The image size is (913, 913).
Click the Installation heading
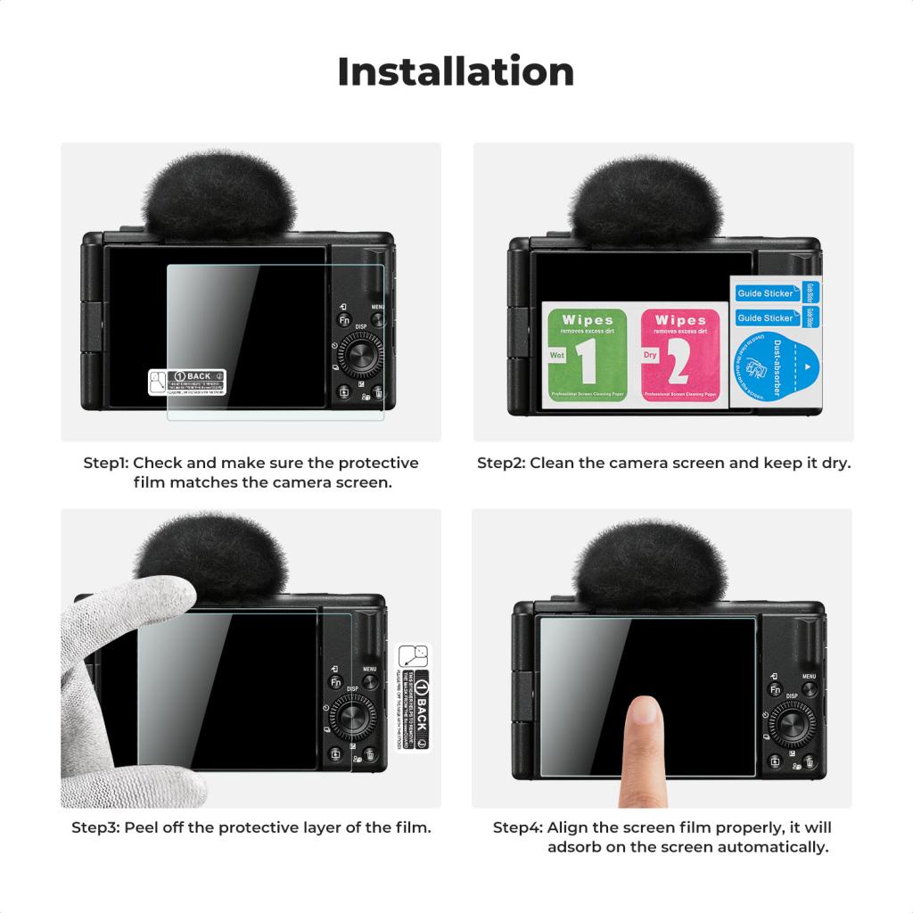(x=456, y=71)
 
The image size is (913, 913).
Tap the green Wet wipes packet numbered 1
(x=587, y=355)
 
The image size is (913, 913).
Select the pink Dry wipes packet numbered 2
(x=680, y=355)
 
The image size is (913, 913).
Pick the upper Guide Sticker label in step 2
(x=766, y=293)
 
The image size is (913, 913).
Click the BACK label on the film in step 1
(x=186, y=382)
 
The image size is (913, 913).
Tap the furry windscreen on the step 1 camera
(x=219, y=198)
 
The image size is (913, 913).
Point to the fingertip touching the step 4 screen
(x=644, y=718)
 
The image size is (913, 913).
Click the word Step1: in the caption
(x=105, y=464)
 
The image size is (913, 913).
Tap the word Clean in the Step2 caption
(x=555, y=464)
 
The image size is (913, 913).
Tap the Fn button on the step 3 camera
(x=336, y=683)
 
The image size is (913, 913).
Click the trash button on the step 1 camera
(x=378, y=393)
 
